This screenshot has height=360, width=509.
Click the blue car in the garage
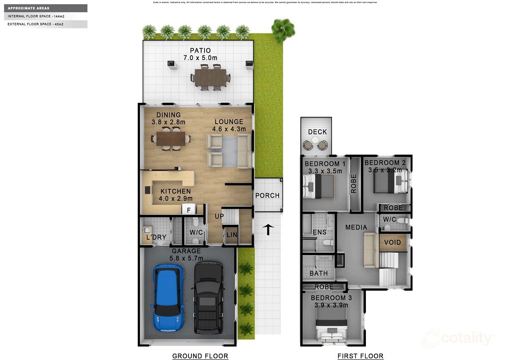[168, 299]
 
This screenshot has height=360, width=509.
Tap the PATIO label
[200, 51]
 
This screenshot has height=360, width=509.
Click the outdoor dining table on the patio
[210, 78]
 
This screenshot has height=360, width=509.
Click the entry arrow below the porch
[268, 229]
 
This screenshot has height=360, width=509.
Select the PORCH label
[267, 195]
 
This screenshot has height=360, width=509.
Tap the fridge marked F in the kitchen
[188, 209]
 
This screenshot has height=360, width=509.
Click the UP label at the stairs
[219, 216]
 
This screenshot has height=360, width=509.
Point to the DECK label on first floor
[317, 132]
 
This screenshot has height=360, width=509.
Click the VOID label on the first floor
[392, 242]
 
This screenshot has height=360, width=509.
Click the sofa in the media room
[371, 250]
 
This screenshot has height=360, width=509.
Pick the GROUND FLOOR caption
[200, 356]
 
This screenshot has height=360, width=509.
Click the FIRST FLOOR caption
[360, 356]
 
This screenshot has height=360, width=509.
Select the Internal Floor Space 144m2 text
[36, 17]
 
